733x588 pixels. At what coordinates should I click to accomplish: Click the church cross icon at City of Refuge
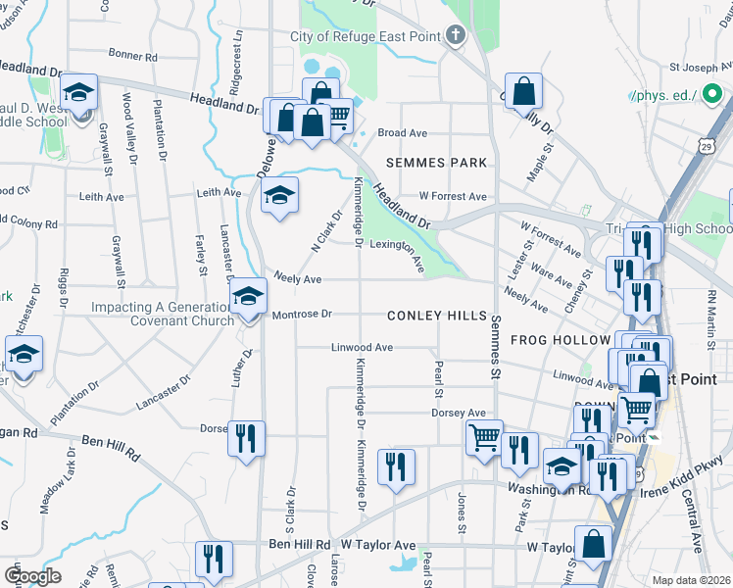454,36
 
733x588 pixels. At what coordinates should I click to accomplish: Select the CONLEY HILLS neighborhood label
436,316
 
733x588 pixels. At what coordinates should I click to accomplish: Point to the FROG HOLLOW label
560,340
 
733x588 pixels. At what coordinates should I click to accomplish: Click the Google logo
32,575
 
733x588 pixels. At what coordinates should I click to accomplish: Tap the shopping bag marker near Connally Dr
525,93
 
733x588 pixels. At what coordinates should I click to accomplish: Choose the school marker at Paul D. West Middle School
78,94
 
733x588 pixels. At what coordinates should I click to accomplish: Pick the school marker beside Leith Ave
279,196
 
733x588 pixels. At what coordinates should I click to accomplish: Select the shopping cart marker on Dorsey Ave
484,436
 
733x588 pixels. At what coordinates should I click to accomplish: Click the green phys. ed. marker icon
712,95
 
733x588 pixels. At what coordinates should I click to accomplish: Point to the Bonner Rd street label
126,55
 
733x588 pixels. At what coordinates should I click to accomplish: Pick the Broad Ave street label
402,132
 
